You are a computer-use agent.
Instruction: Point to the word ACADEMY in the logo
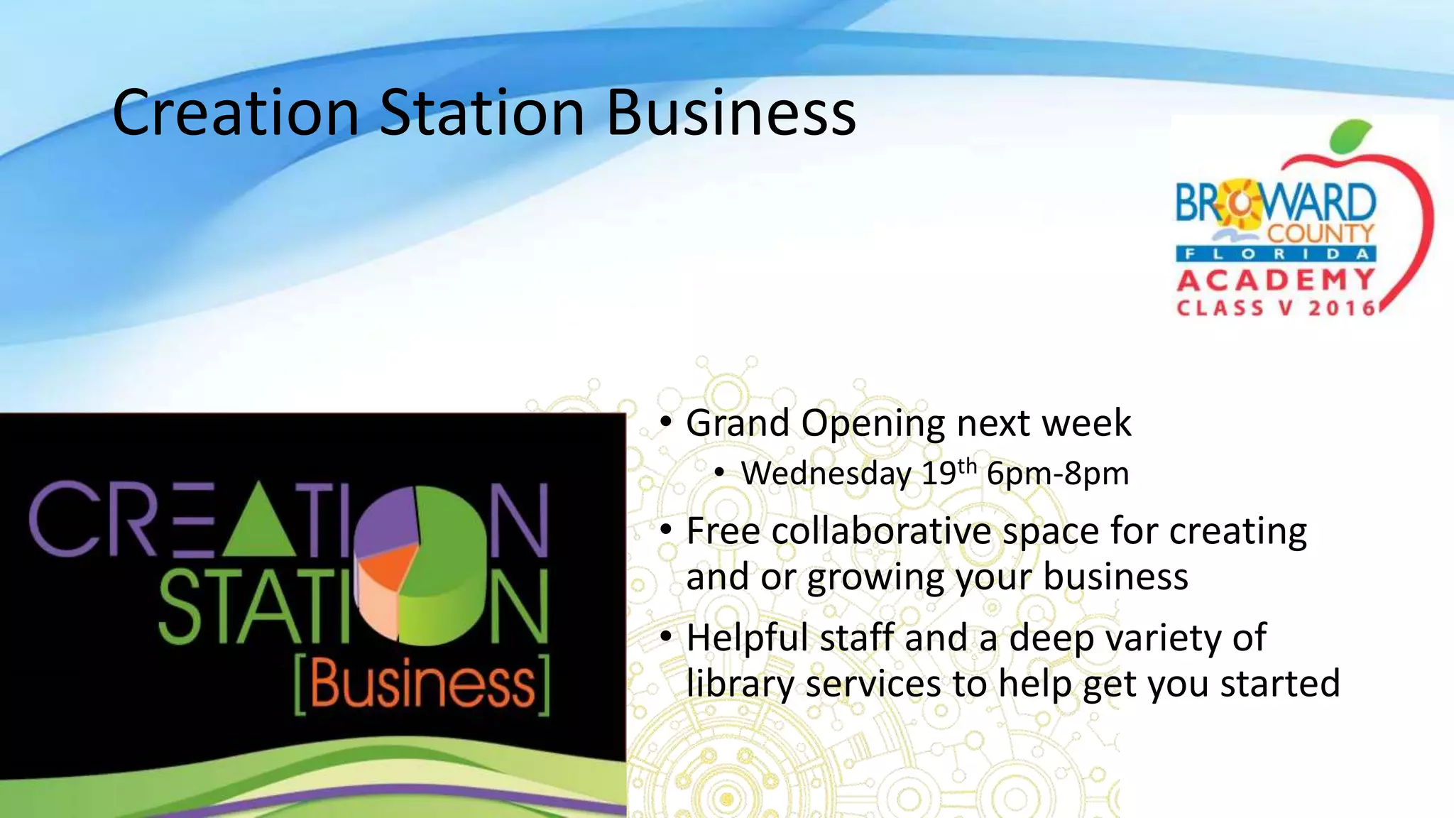[x=1276, y=280]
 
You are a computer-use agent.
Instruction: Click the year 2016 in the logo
[x=1342, y=308]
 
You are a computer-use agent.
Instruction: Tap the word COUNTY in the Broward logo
[x=1321, y=233]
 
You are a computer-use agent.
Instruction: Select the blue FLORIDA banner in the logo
[x=1276, y=254]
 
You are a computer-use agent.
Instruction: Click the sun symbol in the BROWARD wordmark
[x=1240, y=204]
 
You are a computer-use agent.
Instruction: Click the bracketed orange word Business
[x=422, y=685]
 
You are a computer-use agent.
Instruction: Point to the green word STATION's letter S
[x=180, y=607]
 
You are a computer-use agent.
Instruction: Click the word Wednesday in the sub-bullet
[x=826, y=474]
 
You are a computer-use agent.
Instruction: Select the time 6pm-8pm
[x=1057, y=474]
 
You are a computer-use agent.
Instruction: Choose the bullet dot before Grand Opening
[x=665, y=422]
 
